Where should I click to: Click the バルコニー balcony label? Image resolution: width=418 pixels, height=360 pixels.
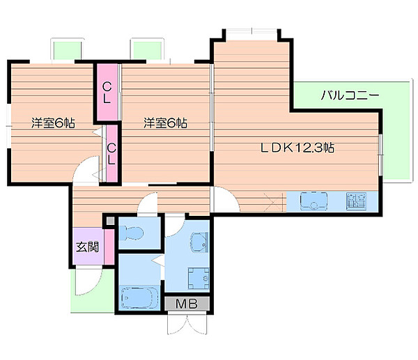(x=350, y=95)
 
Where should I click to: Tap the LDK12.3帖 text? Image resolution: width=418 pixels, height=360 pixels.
(x=297, y=148)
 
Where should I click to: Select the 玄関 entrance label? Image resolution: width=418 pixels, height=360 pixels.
(x=88, y=247)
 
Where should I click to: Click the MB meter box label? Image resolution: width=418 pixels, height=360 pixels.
(x=187, y=303)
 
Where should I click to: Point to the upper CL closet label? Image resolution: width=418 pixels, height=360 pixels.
(x=107, y=93)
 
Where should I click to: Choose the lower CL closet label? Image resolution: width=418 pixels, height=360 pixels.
(x=111, y=154)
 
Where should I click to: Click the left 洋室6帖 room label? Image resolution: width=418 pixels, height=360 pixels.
(x=53, y=123)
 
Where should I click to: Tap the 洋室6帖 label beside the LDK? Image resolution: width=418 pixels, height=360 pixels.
(x=165, y=123)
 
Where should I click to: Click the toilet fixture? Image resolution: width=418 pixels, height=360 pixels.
(x=131, y=233)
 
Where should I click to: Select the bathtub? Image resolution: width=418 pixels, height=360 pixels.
(x=139, y=297)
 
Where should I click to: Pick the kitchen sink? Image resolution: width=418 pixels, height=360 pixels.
(x=313, y=201)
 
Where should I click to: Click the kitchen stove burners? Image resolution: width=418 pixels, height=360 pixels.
(x=356, y=201)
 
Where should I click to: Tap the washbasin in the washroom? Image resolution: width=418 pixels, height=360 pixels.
(x=199, y=242)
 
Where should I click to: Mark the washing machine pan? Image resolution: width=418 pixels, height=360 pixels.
(x=199, y=279)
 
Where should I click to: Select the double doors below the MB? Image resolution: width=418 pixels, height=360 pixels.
(x=187, y=324)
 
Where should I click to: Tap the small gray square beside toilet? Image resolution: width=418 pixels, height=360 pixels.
(x=110, y=221)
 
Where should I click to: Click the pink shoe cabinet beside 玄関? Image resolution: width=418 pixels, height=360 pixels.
(x=109, y=246)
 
